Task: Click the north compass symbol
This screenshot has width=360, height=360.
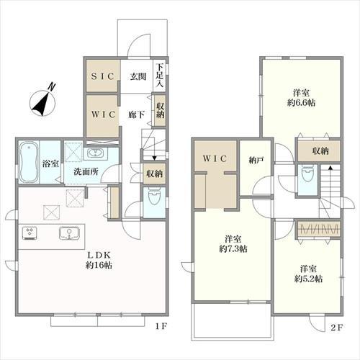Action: click(x=43, y=102)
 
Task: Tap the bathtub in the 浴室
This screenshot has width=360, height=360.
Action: click(x=29, y=163)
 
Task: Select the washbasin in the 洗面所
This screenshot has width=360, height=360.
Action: click(x=95, y=153)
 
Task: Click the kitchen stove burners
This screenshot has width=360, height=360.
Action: click(x=30, y=233)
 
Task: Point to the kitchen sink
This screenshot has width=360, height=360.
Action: click(x=69, y=233)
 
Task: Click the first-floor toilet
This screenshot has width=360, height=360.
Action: click(x=153, y=197)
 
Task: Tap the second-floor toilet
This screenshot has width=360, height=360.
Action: click(x=307, y=175)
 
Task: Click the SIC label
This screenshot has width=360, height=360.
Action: click(x=102, y=76)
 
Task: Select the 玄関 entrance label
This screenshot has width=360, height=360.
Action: click(x=138, y=76)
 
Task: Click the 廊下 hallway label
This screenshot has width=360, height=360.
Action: click(x=136, y=115)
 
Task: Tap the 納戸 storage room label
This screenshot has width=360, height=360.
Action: click(x=256, y=160)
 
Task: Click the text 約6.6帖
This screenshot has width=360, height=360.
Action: click(x=301, y=103)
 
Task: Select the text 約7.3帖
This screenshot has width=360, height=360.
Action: click(x=233, y=249)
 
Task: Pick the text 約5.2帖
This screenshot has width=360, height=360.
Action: click(x=308, y=279)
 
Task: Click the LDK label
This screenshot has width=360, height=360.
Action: click(x=99, y=255)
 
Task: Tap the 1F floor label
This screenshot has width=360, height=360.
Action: click(x=161, y=326)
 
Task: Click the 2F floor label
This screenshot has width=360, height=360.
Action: click(x=337, y=328)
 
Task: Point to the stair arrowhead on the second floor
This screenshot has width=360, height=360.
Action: click(x=330, y=168)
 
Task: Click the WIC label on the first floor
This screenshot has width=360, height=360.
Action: click(x=103, y=114)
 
